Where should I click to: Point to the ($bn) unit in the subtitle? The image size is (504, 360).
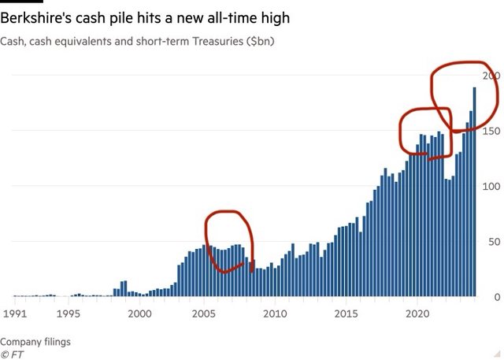[x=255, y=40]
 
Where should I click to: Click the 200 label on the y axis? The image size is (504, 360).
[x=492, y=76]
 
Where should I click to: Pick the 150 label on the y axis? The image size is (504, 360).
[x=492, y=131]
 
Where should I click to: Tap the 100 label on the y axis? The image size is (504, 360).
[x=492, y=187]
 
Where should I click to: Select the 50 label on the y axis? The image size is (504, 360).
[x=495, y=242]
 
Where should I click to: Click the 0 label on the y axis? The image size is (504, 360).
[x=497, y=297]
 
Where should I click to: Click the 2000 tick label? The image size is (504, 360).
[x=139, y=314]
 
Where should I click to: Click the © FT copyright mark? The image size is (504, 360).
[x=13, y=354]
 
